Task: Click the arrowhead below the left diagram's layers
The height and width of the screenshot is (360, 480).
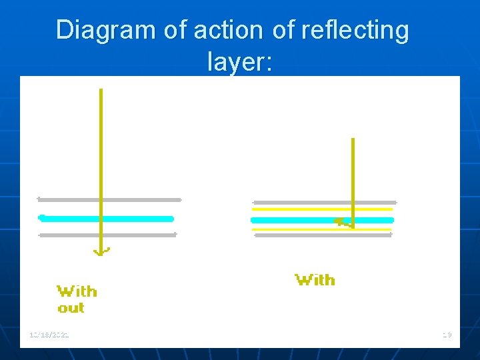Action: point(101,251)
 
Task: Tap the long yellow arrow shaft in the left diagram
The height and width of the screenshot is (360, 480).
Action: point(101,147)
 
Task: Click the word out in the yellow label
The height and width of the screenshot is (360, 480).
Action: point(71,308)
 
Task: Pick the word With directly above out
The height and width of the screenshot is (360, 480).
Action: point(77,291)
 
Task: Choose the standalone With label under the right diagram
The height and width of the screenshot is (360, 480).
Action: point(315,280)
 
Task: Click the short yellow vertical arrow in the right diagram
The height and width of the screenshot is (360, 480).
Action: point(353,173)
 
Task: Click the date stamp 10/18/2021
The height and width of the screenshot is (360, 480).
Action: point(49,334)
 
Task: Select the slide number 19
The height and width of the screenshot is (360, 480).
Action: point(446,334)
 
